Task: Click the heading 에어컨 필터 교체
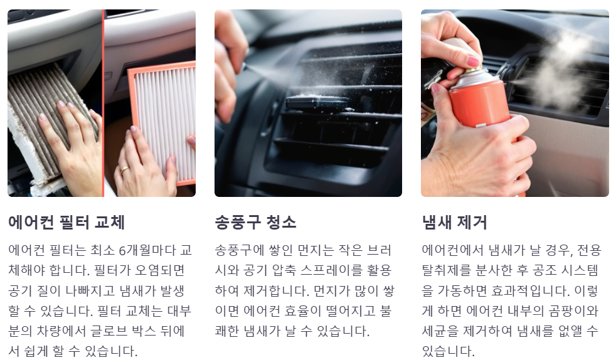click(66, 222)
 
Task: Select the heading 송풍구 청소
click(255, 222)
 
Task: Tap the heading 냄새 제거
click(454, 222)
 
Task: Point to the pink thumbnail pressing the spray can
click(472, 61)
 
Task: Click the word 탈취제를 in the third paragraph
click(447, 271)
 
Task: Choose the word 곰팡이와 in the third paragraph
click(576, 312)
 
